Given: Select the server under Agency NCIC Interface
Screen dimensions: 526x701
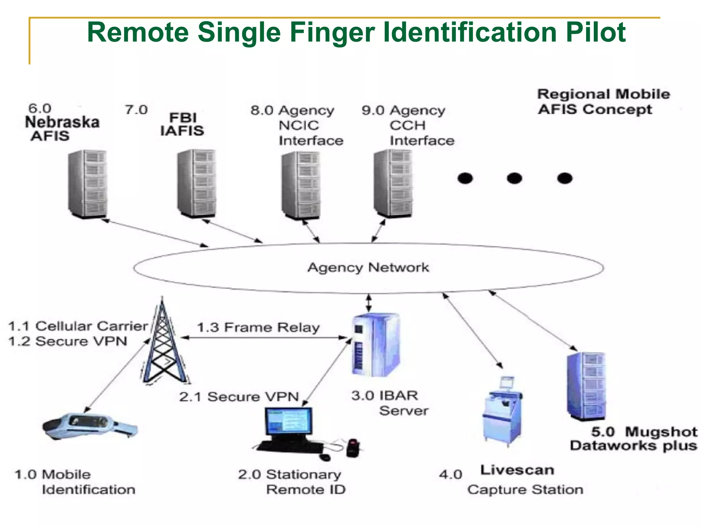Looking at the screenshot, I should click(x=301, y=185).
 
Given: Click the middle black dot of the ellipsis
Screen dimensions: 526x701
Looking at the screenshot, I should click(x=514, y=178).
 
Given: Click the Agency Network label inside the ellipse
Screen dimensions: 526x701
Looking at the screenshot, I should click(x=368, y=267).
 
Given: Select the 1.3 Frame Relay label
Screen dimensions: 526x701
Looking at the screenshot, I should click(x=258, y=327).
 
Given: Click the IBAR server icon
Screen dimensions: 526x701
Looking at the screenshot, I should click(x=375, y=344).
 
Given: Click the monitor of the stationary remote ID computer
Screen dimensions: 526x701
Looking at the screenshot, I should click(x=288, y=421).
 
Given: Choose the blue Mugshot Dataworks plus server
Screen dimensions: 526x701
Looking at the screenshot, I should click(x=586, y=386).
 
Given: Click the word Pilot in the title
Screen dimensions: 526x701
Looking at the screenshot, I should click(x=596, y=33).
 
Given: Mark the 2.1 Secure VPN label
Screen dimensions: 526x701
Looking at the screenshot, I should click(x=239, y=397).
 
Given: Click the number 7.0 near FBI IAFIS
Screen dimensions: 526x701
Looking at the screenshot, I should click(x=136, y=110).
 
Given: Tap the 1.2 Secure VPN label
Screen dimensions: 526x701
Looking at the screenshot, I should click(x=68, y=341).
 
